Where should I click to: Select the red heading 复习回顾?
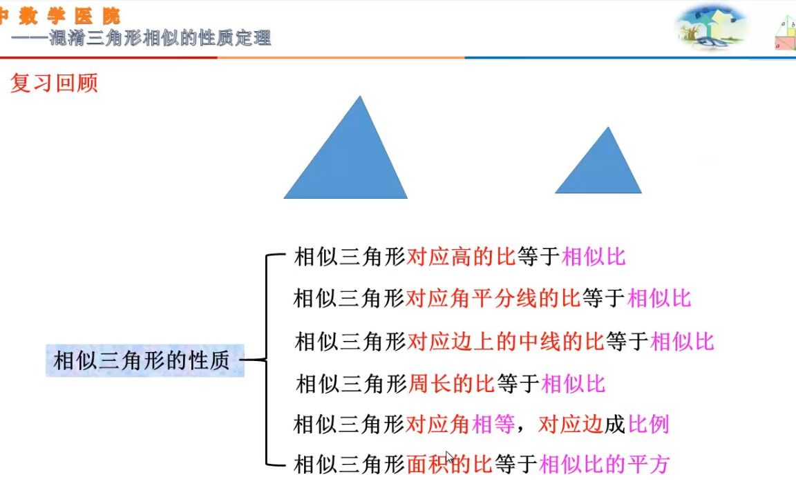coord(54,83)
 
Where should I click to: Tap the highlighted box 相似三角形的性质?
coord(144,360)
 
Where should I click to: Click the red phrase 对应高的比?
coord(462,257)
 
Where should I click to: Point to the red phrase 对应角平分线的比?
coord(493,298)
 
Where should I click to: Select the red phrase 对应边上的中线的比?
coord(506,341)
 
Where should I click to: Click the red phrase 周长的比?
coord(451,383)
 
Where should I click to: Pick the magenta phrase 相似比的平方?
coord(604,464)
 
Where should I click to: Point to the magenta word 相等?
coord(493,423)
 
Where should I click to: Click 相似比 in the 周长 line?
coord(574,383)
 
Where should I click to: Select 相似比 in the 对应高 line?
coord(594,257)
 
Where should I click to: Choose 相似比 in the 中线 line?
coord(683,341)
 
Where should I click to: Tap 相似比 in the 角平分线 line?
coord(658,298)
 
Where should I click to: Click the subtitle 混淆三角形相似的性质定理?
coord(160,38)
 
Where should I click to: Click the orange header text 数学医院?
coord(69,16)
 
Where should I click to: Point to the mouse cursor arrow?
coord(449,458)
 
